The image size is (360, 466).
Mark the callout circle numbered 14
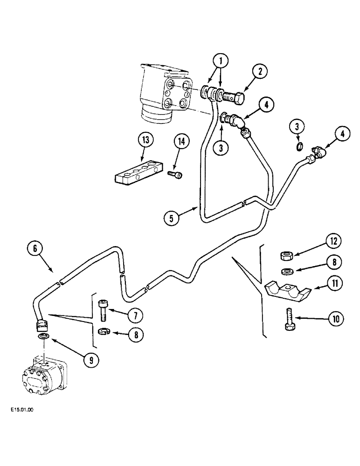[182, 141]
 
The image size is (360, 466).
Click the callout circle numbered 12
[333, 241]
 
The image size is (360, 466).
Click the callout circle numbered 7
[135, 315]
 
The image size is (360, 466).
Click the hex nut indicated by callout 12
[285, 255]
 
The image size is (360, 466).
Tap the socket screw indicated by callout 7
[104, 310]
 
